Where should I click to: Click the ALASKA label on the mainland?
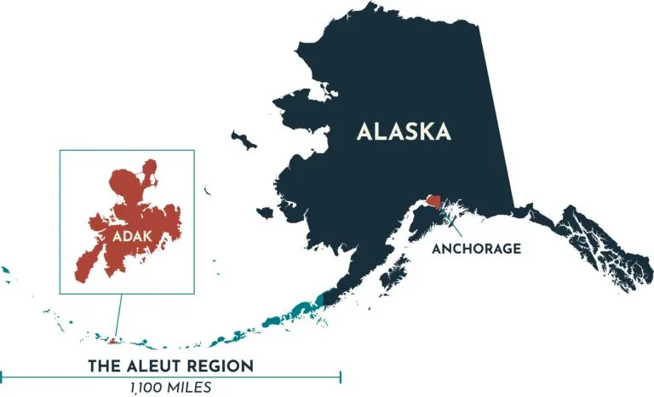tap(403, 132)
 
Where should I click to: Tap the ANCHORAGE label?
tap(477, 249)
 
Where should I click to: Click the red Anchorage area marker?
tap(434, 203)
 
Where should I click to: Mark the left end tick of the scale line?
tap(3, 374)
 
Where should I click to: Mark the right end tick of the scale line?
tap(341, 374)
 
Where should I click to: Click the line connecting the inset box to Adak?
tap(118, 315)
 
